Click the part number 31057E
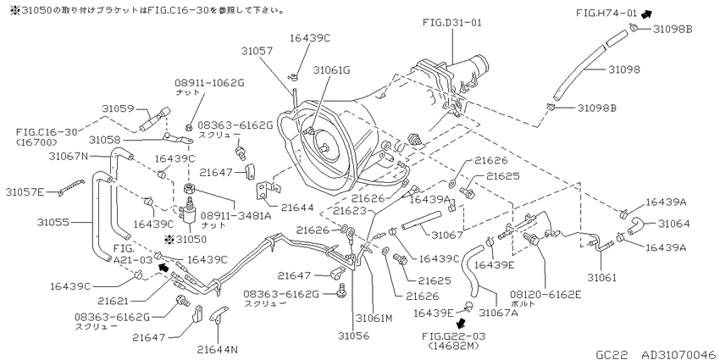click(25, 191)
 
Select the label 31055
click(53, 222)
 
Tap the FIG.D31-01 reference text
click(452, 22)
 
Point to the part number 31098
click(624, 69)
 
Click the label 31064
click(673, 224)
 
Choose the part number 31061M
click(374, 318)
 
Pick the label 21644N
click(218, 350)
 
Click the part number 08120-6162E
click(545, 294)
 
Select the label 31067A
click(498, 313)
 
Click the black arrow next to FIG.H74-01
click(646, 14)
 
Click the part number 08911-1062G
click(209, 83)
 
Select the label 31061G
click(331, 69)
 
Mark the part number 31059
click(118, 108)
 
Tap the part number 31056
click(353, 335)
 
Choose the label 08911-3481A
click(236, 216)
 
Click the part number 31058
click(104, 139)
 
